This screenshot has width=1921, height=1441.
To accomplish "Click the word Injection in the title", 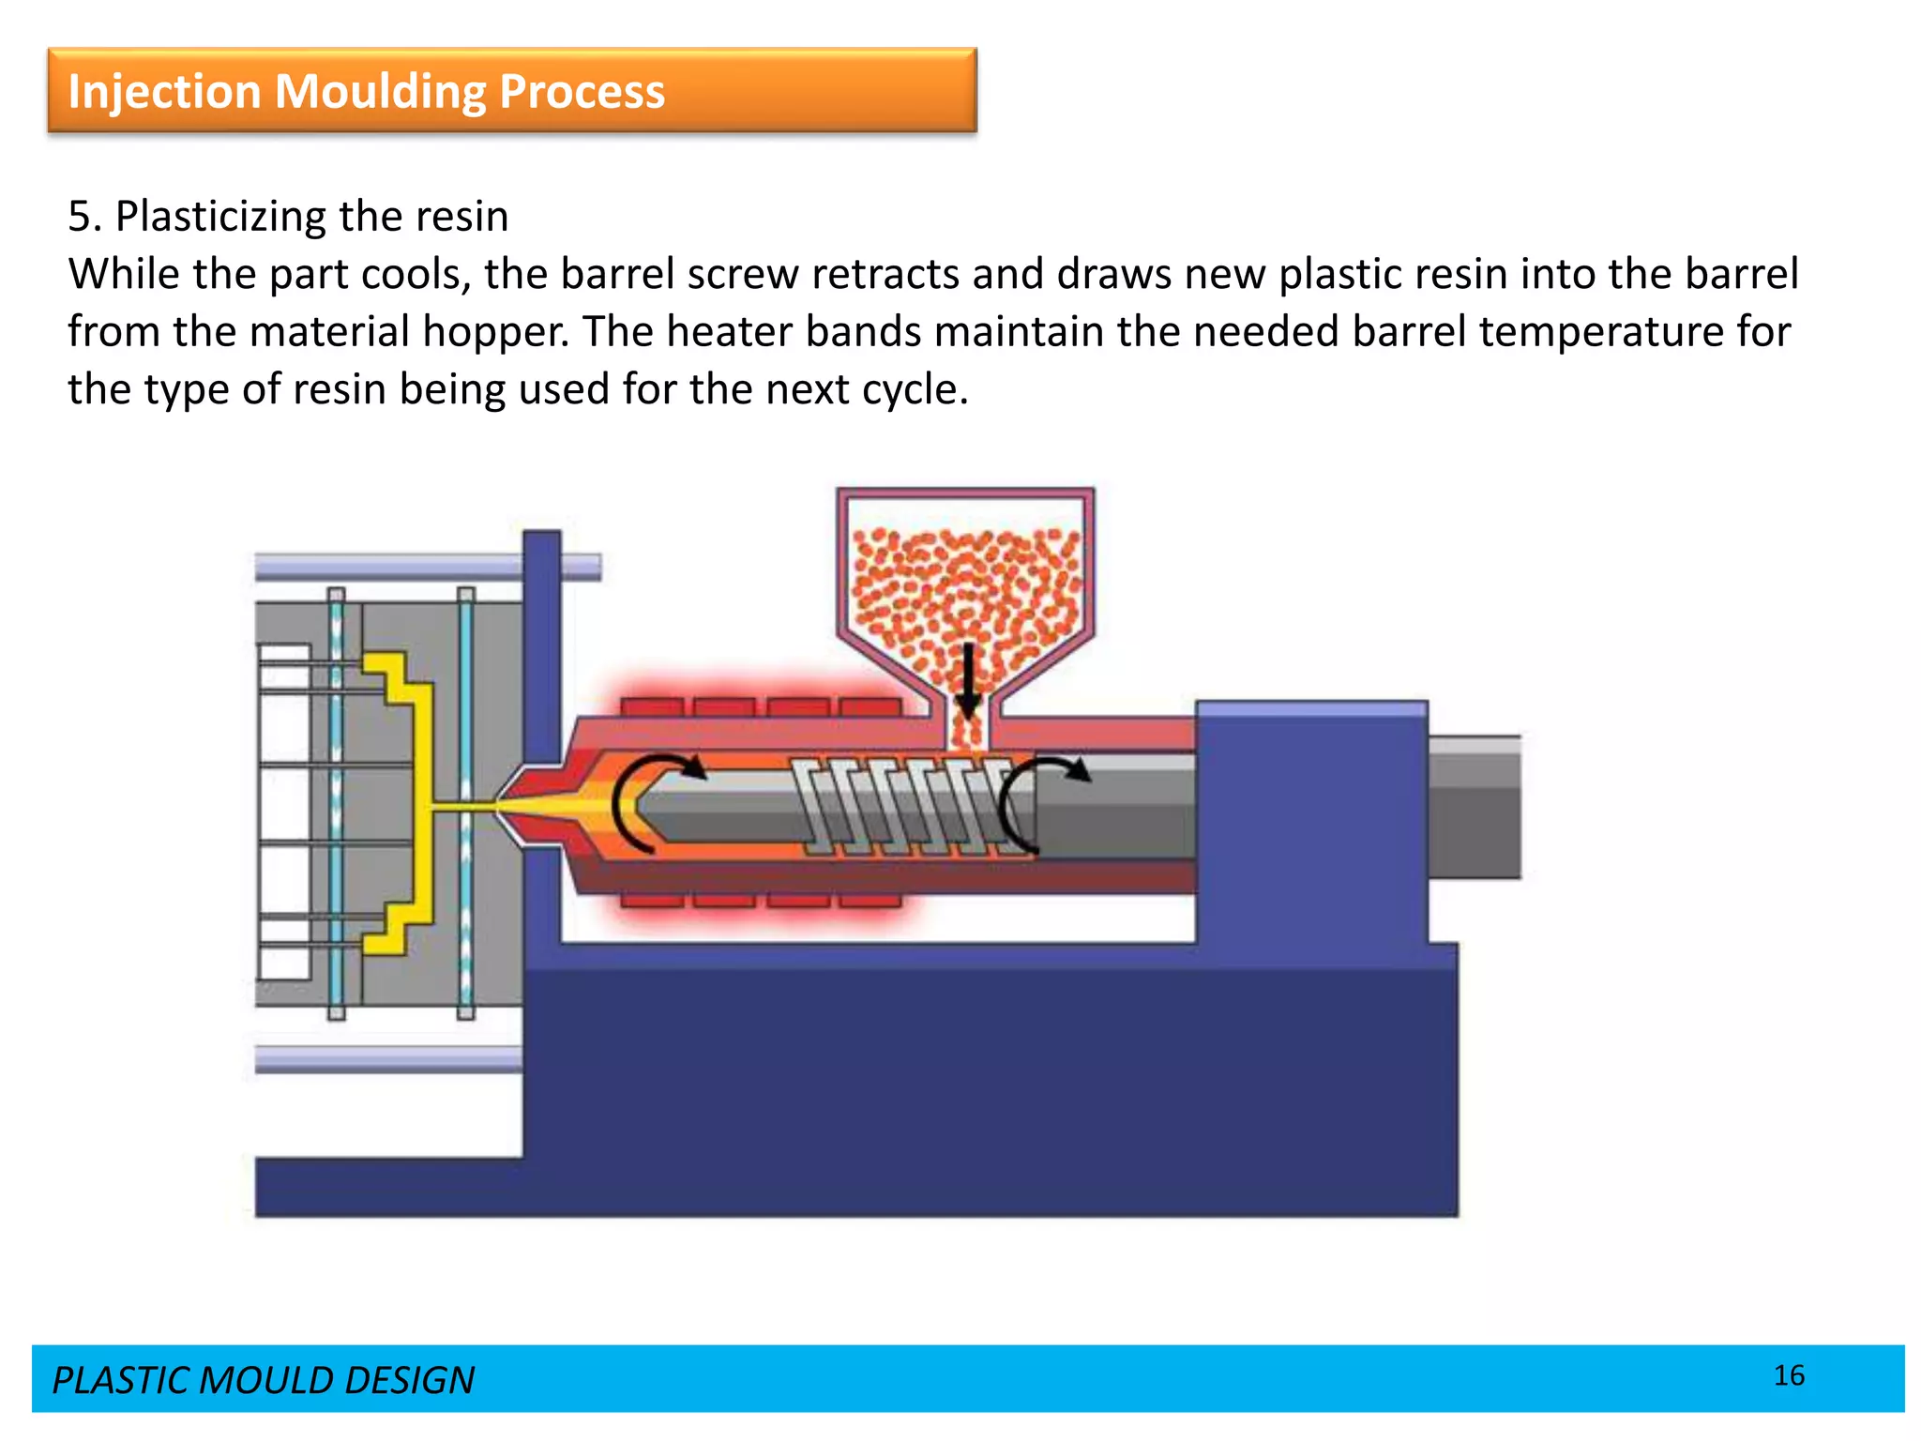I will coord(164,92).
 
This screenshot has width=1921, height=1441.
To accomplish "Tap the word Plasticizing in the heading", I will coord(220,217).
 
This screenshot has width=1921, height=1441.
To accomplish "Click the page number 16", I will coord(1789,1375).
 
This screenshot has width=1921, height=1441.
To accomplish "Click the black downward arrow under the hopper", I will coord(967,680).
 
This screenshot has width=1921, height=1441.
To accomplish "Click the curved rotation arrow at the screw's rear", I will coord(1032,797).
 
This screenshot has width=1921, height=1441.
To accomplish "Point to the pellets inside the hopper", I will coord(966,582).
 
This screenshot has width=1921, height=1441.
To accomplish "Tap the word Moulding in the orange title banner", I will coord(380,92).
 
